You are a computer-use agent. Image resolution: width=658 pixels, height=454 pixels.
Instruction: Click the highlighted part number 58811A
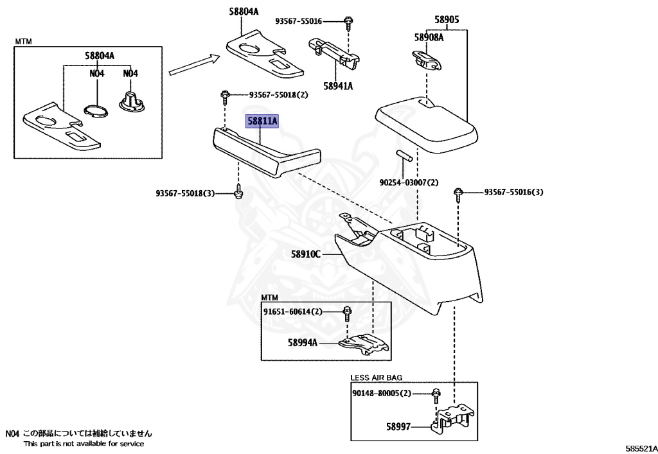point(262,121)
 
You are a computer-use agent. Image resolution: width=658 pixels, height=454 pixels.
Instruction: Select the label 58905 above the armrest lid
point(447,20)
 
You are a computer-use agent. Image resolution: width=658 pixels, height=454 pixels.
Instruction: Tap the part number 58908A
point(429,37)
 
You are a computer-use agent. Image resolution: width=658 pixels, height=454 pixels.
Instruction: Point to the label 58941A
point(338,86)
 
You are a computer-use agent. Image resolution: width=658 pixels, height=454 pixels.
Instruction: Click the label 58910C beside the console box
point(306,254)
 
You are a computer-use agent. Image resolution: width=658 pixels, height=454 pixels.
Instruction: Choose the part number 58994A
point(303,342)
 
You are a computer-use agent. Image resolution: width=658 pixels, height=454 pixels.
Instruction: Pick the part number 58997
point(398,427)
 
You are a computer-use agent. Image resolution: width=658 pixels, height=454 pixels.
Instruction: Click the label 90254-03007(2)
point(409,183)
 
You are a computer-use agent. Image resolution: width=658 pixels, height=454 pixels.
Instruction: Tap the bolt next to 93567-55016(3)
point(458,195)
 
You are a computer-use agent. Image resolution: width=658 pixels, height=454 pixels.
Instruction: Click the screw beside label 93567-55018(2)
point(225,98)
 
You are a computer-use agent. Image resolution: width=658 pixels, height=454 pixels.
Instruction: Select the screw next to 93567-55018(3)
point(239,191)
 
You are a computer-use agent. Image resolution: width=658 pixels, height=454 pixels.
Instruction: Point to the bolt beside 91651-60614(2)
point(347,314)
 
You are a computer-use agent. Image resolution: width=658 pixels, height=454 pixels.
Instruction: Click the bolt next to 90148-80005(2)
point(436,396)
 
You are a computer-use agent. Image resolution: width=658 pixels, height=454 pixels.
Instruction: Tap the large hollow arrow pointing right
point(195,65)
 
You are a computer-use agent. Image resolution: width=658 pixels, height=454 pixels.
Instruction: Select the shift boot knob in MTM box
point(132,102)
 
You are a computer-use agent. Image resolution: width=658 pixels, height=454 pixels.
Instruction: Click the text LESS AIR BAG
point(376,378)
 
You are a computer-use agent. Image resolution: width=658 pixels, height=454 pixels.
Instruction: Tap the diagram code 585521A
point(642,449)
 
